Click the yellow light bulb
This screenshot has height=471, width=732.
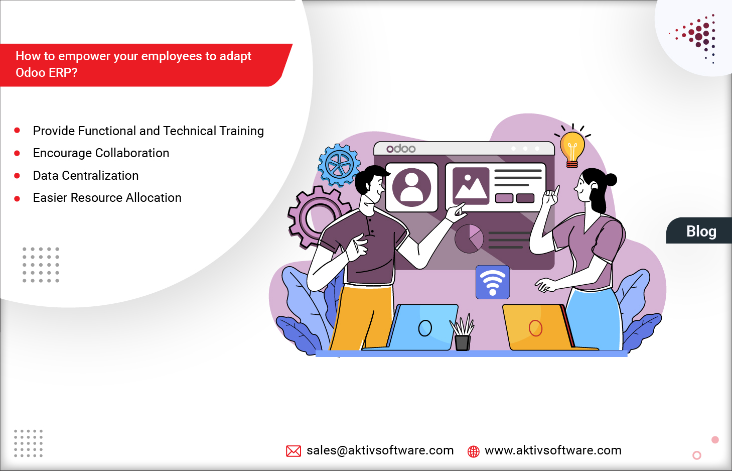[572, 149]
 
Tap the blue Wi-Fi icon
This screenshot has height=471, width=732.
[493, 282]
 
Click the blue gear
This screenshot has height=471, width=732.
[339, 165]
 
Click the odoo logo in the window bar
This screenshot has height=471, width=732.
[401, 149]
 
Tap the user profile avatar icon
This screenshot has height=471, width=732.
[411, 187]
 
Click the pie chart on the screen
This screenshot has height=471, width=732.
[469, 239]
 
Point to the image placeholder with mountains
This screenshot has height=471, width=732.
[471, 186]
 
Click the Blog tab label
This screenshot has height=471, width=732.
[701, 231]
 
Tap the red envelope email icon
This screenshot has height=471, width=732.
[294, 451]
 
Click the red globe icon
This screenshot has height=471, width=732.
[473, 451]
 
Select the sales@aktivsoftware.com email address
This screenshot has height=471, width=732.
[380, 450]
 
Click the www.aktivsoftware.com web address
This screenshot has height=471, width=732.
[553, 450]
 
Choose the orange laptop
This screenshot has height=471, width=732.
[539, 327]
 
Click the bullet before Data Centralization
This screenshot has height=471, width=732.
[17, 176]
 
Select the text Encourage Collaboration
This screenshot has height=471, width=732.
[101, 153]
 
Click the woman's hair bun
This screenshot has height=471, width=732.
[610, 180]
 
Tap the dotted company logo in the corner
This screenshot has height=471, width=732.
[696, 38]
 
